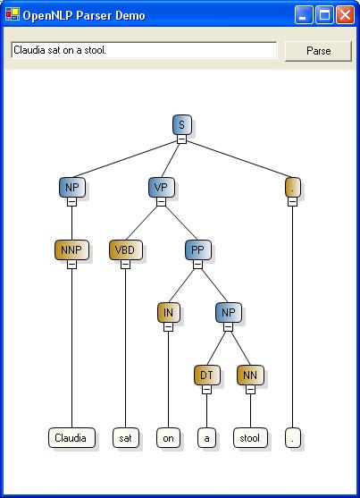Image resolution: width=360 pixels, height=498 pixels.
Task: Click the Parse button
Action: pyautogui.click(x=318, y=51)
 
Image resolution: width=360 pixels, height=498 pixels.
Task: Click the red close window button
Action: pyautogui.click(x=345, y=14)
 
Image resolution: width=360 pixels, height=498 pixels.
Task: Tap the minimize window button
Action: pyautogui.click(x=304, y=14)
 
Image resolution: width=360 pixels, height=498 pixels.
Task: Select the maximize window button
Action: pyautogui.click(x=324, y=14)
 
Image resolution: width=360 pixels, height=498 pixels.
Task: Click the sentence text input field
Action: pyautogui.click(x=144, y=50)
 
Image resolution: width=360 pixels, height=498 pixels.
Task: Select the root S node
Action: pyautogui.click(x=182, y=124)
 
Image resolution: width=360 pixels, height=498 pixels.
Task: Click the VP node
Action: pyautogui.click(x=162, y=187)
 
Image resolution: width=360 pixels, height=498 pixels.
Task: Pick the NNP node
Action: pyautogui.click(x=71, y=250)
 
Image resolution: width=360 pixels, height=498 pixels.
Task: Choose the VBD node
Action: pyautogui.click(x=125, y=250)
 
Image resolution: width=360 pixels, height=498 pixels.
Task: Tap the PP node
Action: pyautogui.click(x=197, y=250)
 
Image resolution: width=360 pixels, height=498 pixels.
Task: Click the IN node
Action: pyautogui.click(x=168, y=313)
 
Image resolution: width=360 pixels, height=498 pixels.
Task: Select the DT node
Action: pyautogui.click(x=206, y=376)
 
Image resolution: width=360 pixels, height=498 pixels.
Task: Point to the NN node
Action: pyautogui.click(x=250, y=376)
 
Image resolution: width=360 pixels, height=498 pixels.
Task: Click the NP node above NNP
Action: pyautogui.click(x=72, y=187)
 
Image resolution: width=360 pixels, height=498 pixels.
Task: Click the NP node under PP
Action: pyautogui.click(x=229, y=313)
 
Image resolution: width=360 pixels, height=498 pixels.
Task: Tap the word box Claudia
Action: pyautogui.click(x=71, y=438)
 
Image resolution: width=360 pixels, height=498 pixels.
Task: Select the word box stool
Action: pyautogui.click(x=250, y=438)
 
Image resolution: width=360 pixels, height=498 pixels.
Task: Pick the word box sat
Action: pyautogui.click(x=125, y=438)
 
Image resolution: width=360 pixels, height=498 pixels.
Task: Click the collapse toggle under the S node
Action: pyautogui.click(x=182, y=139)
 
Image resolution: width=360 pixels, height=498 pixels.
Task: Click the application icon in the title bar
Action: pyautogui.click(x=13, y=14)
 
